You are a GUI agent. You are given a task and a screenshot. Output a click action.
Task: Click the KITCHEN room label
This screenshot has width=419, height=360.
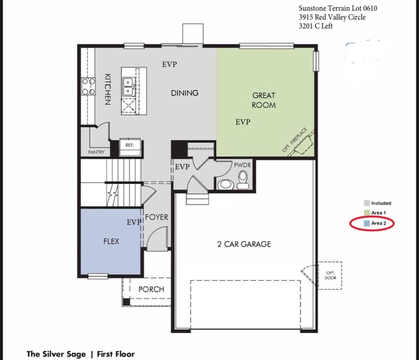click(108, 89)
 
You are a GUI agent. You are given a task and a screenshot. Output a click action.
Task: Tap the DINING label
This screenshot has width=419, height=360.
click(184, 93)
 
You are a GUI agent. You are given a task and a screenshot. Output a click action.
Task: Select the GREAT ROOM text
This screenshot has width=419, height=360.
click(264, 100)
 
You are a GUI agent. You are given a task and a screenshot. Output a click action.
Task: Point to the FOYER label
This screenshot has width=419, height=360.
click(157, 217)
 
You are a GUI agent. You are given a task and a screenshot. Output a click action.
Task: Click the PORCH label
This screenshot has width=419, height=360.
click(151, 289)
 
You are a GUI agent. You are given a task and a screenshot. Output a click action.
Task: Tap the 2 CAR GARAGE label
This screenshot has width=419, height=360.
click(243, 244)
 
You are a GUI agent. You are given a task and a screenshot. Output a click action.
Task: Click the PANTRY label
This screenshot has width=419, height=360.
click(96, 152)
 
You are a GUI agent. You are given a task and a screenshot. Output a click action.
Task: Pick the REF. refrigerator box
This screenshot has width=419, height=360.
click(130, 146)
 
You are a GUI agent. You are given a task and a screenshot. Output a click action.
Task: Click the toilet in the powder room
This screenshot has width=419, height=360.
click(242, 184)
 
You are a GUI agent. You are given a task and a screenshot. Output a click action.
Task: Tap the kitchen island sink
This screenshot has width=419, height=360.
click(129, 82)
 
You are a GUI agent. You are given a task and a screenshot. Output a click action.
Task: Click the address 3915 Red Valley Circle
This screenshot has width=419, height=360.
click(331, 17)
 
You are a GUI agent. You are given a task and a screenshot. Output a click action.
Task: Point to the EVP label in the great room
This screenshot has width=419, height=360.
click(243, 121)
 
